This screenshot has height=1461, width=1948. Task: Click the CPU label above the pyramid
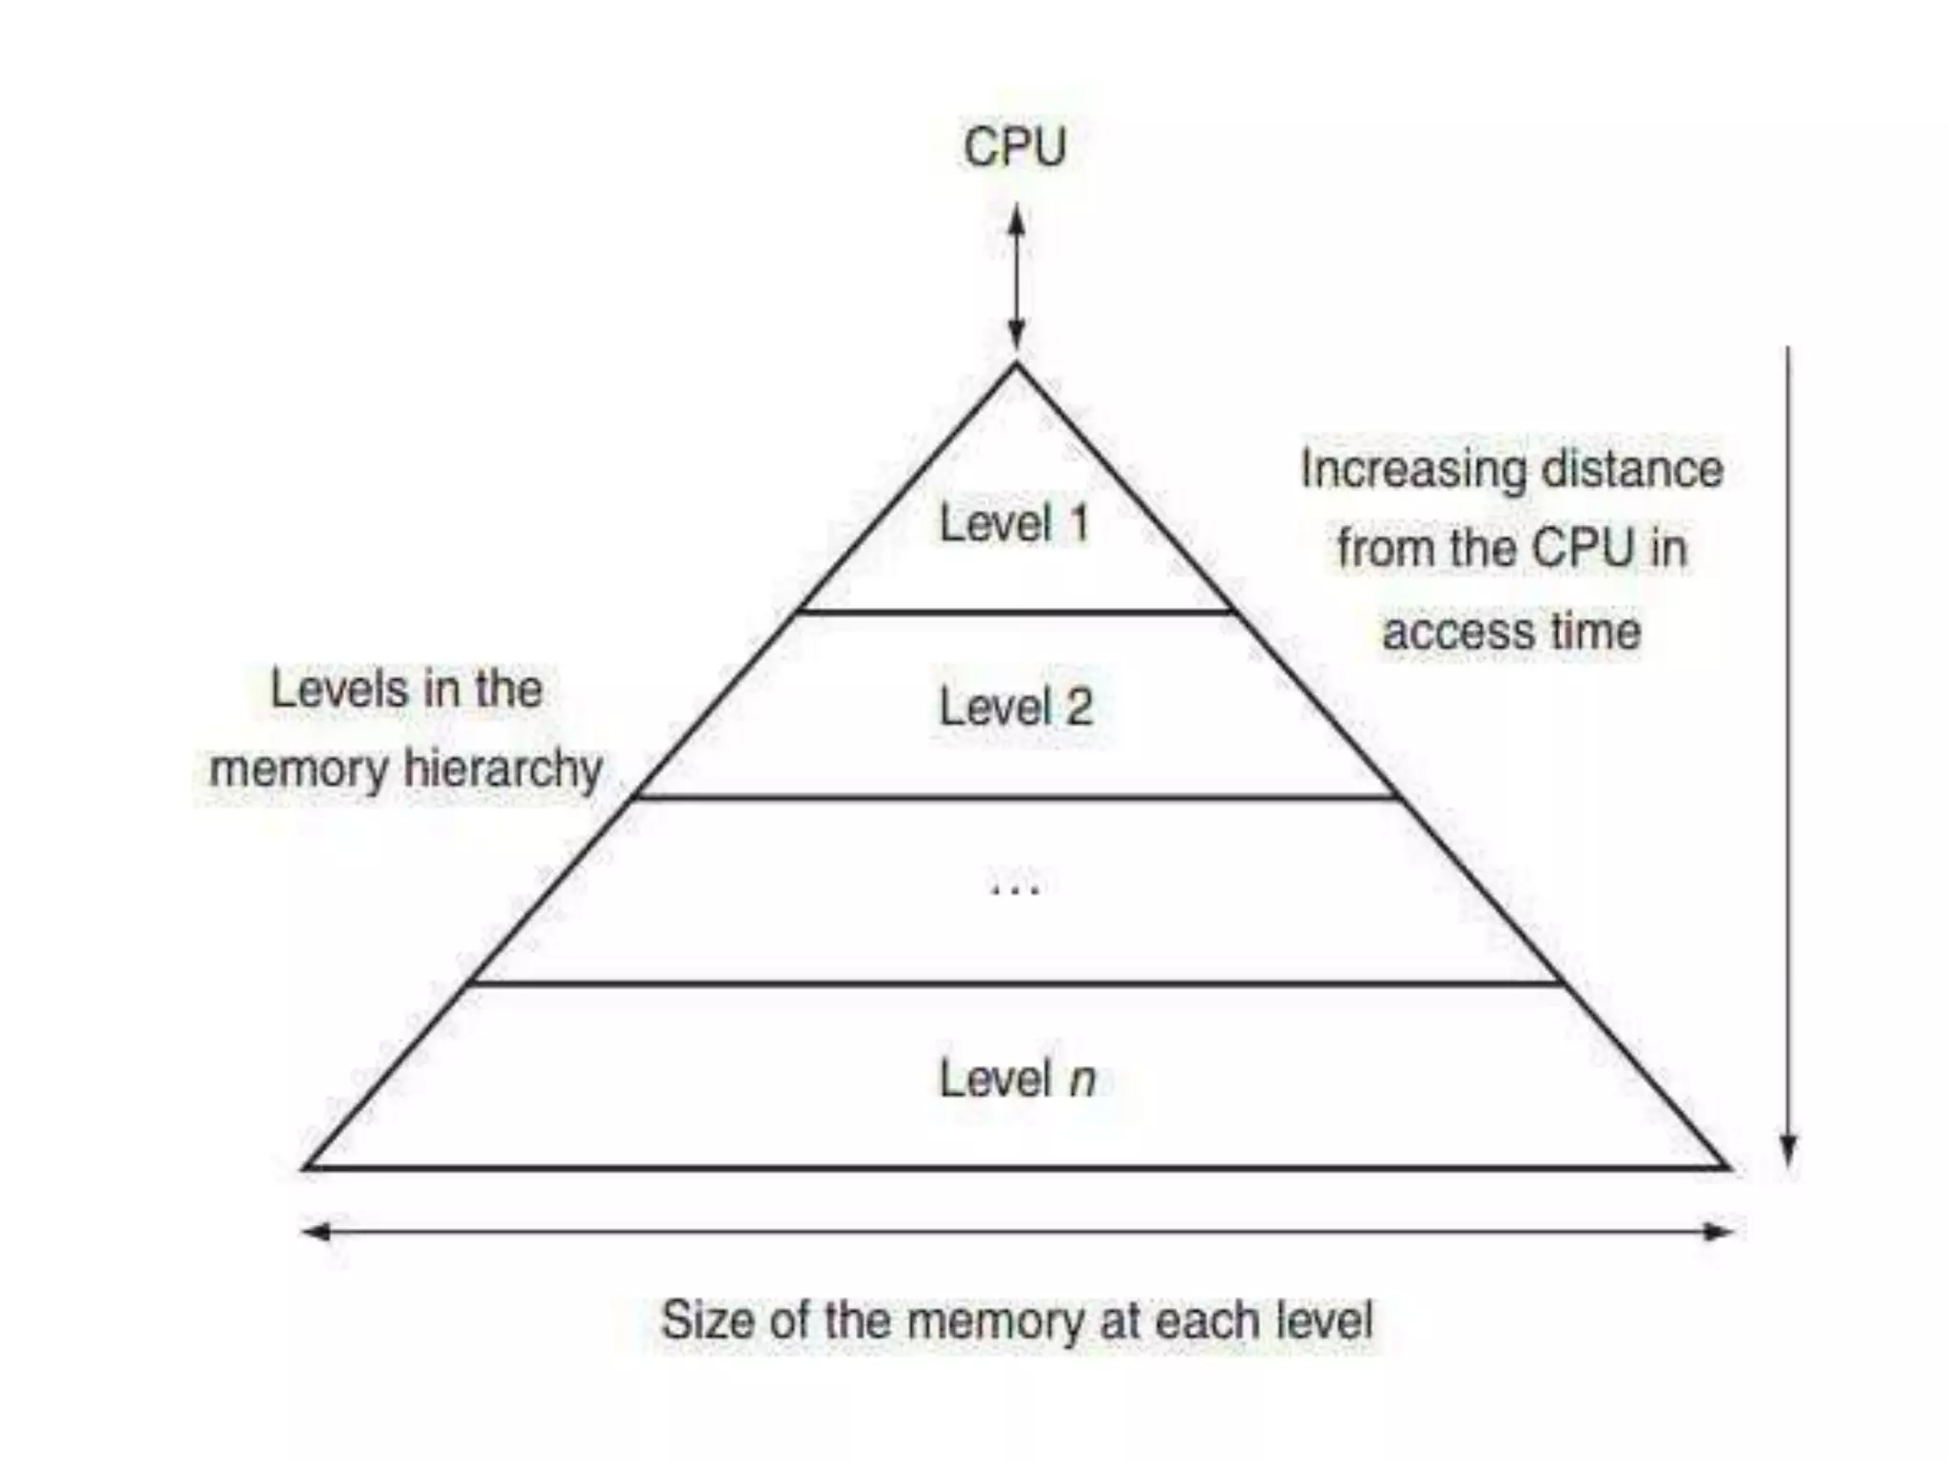[x=1015, y=147]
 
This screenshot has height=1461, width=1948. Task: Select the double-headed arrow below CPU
[x=1016, y=276]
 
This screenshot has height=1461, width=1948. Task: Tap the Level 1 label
[x=1014, y=523]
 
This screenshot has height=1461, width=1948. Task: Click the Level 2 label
[x=1016, y=707]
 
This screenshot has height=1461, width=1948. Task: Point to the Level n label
[x=1017, y=1079]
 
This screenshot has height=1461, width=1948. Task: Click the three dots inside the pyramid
[x=1015, y=890]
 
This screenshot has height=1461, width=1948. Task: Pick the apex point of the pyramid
[x=1016, y=365]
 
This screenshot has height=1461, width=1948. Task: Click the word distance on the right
[x=1632, y=469]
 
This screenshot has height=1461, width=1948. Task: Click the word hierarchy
[x=504, y=769]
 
